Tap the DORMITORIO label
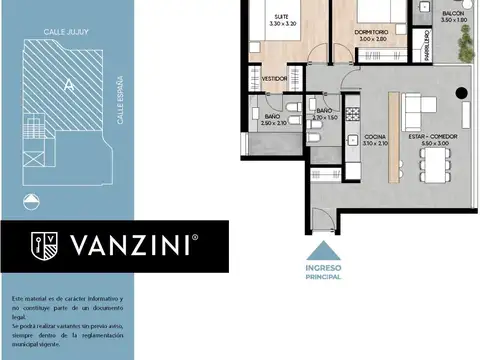coord(371,32)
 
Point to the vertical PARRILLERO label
coord(427,46)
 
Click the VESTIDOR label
coord(274,77)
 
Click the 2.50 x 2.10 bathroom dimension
coord(275,123)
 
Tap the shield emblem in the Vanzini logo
coord(43,245)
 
